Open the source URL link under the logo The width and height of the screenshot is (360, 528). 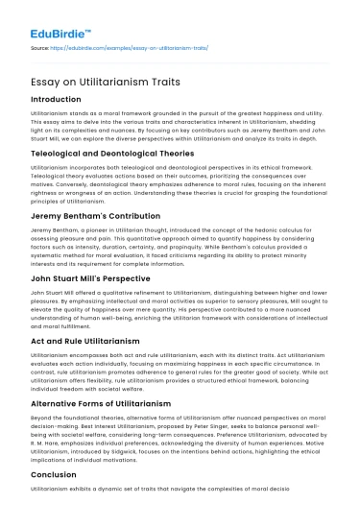click(x=101, y=44)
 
